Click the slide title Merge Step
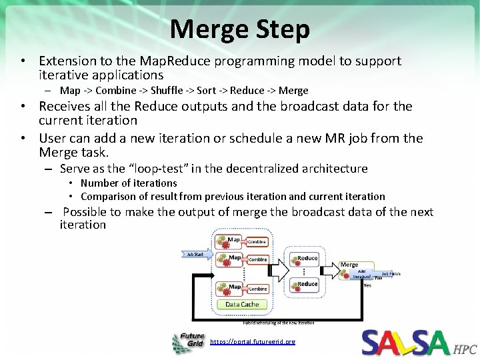(239, 29)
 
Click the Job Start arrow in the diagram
(196, 254)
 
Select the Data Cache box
(241, 304)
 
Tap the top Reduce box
(307, 258)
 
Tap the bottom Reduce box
(307, 284)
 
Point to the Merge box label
(349, 265)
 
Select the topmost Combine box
(258, 241)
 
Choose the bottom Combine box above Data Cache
(258, 289)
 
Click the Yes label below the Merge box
(367, 285)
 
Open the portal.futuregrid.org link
(252, 341)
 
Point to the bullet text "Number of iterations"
(129, 183)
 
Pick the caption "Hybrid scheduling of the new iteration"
(279, 322)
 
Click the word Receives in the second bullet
(67, 106)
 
